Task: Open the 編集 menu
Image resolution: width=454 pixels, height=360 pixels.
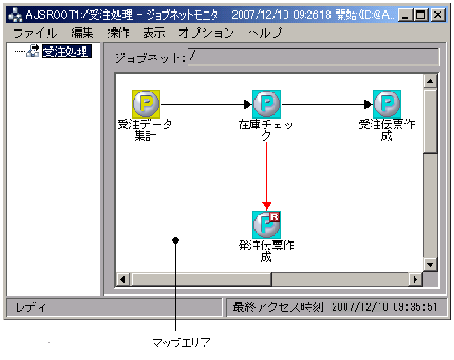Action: tap(83, 32)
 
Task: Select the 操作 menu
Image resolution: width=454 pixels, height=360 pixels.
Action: tap(118, 32)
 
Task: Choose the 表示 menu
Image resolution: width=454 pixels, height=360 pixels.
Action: tap(153, 32)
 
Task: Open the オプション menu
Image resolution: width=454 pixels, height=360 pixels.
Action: tap(205, 32)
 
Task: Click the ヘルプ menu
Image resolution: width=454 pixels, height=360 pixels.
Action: tap(265, 32)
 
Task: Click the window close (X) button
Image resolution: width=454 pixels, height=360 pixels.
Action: tap(437, 15)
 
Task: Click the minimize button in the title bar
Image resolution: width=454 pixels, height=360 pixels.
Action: tap(405, 15)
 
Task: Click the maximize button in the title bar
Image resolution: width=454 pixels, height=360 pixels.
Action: tap(420, 15)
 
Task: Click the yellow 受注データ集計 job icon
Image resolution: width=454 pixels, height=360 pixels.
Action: tap(145, 103)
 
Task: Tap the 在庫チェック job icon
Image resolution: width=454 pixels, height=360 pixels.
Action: tap(266, 103)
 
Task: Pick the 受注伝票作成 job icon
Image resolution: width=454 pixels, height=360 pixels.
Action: tap(387, 103)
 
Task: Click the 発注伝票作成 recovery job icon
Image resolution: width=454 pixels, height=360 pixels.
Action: tap(266, 224)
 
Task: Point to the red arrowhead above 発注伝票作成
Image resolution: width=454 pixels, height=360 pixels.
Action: tap(266, 206)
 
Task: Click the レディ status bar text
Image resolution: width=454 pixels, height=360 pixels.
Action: tap(27, 307)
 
